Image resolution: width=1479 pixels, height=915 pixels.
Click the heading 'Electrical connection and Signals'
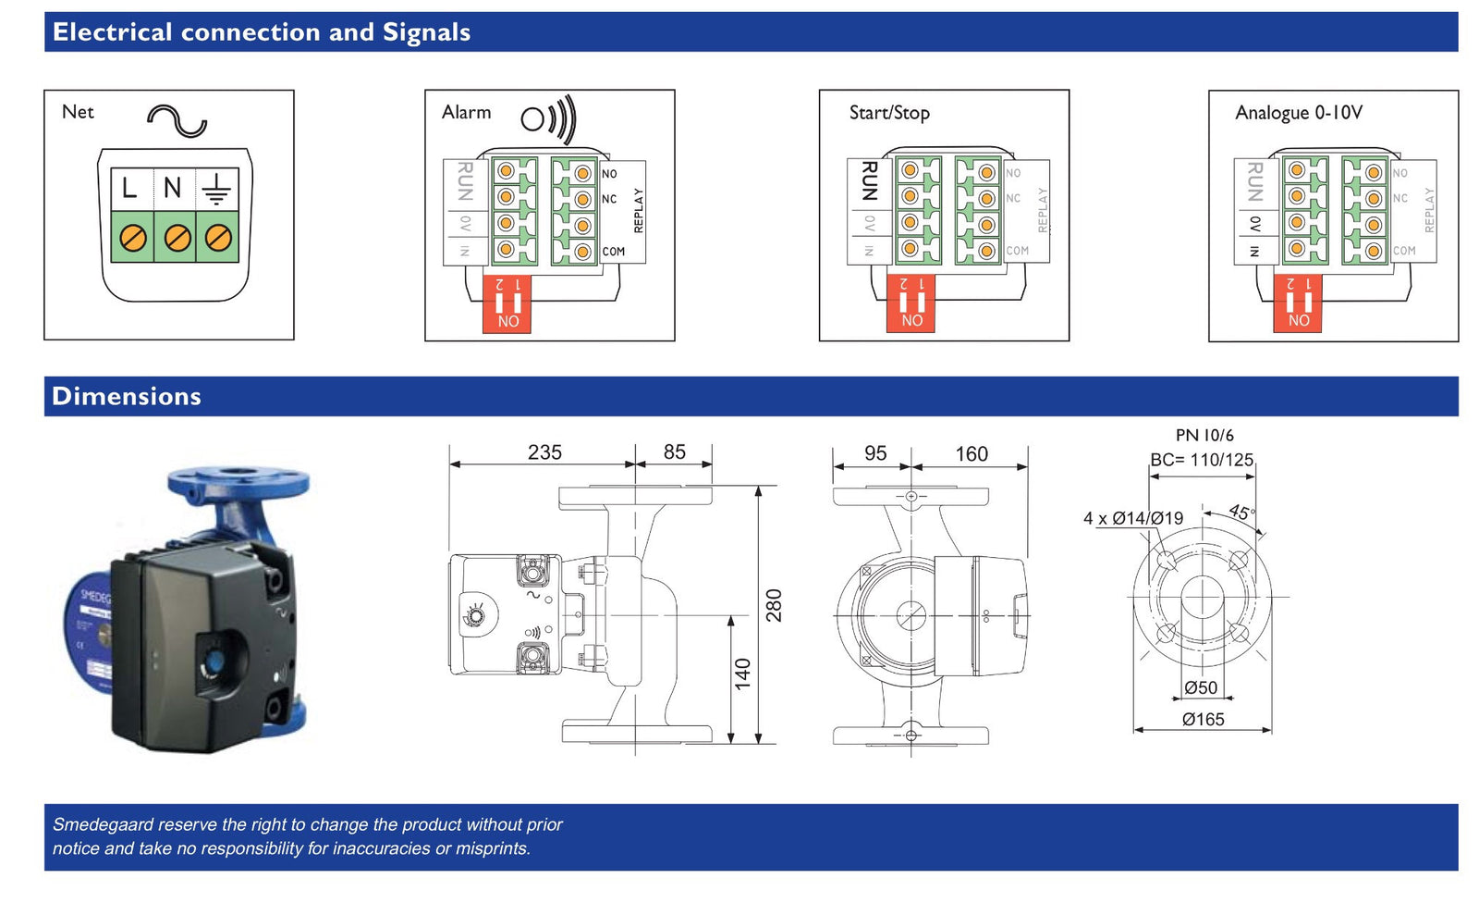(x=262, y=32)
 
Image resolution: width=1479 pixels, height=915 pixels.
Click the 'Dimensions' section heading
(x=127, y=396)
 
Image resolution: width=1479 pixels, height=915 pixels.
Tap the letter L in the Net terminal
(x=129, y=189)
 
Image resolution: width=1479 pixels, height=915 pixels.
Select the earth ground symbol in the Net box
(x=216, y=189)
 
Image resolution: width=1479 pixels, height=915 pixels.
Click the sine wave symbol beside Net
(x=177, y=120)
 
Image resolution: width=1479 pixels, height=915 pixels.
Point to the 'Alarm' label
(x=466, y=112)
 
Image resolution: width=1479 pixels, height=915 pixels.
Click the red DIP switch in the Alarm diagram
(x=507, y=304)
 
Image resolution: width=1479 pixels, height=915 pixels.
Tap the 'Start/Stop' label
(x=889, y=113)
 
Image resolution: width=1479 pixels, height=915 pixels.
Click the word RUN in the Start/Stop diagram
(x=869, y=180)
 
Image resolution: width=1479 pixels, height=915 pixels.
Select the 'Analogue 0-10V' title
(x=1299, y=113)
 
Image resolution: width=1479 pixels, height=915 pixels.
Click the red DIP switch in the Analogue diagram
(x=1298, y=303)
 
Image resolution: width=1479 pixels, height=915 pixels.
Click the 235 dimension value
(x=544, y=452)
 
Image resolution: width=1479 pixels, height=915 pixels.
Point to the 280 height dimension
(x=774, y=605)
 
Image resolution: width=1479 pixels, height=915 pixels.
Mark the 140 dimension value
(x=743, y=674)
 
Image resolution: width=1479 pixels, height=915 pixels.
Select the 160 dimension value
(x=972, y=453)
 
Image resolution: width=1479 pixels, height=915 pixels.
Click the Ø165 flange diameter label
(x=1203, y=719)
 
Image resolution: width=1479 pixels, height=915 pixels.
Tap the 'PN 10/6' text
(x=1204, y=435)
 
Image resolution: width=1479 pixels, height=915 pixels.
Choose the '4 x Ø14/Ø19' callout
(x=1133, y=518)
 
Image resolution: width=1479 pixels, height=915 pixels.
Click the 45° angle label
(x=1241, y=513)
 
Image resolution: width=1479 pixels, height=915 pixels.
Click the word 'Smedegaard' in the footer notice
(x=103, y=824)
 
